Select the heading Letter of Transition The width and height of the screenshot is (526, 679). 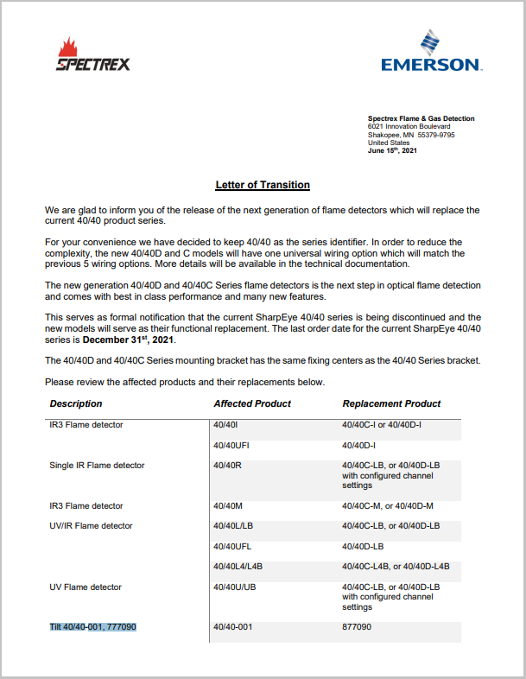pyautogui.click(x=263, y=185)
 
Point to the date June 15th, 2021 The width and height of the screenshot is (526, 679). pyautogui.click(x=392, y=151)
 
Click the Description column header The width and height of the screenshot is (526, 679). pyautogui.click(x=76, y=403)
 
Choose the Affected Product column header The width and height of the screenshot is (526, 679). pyautogui.click(x=252, y=403)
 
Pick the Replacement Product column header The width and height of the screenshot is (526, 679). pyautogui.click(x=391, y=403)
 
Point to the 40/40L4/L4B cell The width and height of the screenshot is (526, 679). pyautogui.click(x=238, y=567)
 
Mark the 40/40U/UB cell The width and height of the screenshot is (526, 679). pyautogui.click(x=235, y=587)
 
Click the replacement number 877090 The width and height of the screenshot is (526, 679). pyautogui.click(x=357, y=627)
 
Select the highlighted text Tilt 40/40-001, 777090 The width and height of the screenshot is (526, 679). pyautogui.click(x=93, y=627)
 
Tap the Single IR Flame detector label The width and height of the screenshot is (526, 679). pyautogui.click(x=97, y=466)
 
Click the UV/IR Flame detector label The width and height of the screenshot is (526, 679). pyautogui.click(x=92, y=526)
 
